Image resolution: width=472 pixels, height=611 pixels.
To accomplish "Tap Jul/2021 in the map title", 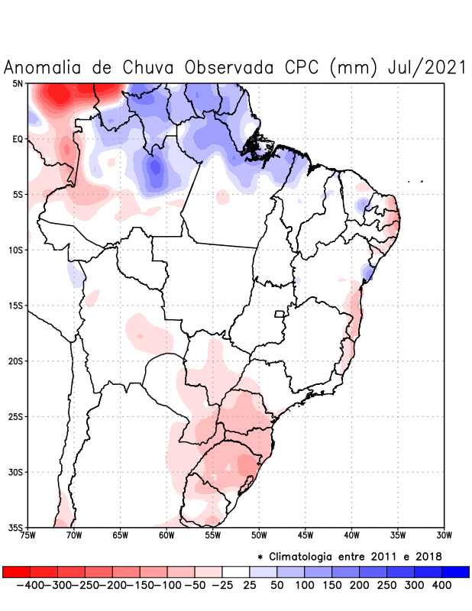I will tap(427, 67).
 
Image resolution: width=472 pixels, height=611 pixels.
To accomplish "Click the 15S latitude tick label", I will tap(16, 305).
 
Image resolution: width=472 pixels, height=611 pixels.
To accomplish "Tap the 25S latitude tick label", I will tap(16, 416).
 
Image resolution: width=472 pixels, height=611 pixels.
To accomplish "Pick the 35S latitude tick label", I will tap(16, 527).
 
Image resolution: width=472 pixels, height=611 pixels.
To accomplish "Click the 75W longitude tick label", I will tap(27, 535).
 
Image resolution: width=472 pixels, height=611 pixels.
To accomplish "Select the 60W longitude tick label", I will tap(166, 535).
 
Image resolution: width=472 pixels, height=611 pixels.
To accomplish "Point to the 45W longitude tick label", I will tap(305, 535).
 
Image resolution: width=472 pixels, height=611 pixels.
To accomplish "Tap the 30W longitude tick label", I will tap(444, 535).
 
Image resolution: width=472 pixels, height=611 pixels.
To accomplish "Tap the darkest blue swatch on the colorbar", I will tap(455, 571).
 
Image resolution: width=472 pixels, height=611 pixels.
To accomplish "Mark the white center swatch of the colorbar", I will tap(236, 571).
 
